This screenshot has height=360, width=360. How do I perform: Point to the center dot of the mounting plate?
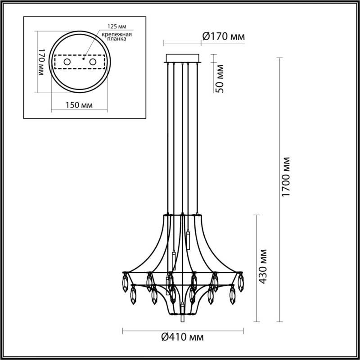pos(83,58)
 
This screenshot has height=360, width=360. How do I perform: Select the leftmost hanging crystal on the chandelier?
pos(124,283)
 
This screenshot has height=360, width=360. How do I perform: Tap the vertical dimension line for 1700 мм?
pos(281,189)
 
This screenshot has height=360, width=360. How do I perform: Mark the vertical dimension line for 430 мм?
pos(257,268)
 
